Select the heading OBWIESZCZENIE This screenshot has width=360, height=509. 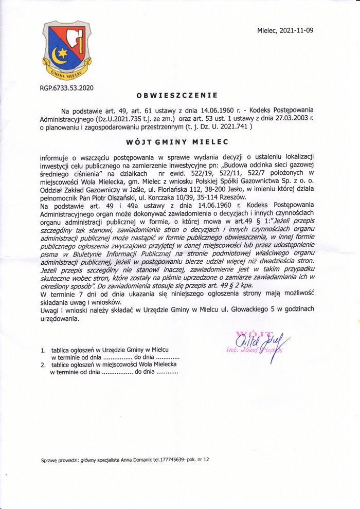tap(177, 95)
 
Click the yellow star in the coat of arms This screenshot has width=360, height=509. tap(62, 52)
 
